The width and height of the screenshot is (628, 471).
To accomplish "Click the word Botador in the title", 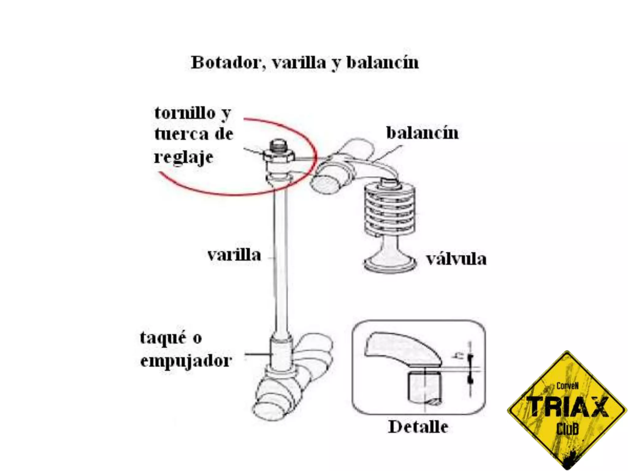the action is [226, 63].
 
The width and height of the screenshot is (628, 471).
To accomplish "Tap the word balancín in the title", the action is [382, 63].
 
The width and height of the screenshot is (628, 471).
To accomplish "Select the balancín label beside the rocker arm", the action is [422, 133].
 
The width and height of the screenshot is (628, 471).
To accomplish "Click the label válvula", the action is [456, 259].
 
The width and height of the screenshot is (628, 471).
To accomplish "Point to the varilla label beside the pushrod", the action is [234, 255].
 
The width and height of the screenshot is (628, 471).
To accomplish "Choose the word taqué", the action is [163, 338].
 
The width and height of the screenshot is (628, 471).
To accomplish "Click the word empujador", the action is [186, 361].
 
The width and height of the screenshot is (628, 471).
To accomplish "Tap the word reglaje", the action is [183, 157].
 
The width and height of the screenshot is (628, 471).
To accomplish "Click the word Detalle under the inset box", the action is [418, 427].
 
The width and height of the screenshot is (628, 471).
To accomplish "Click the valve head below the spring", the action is [390, 263].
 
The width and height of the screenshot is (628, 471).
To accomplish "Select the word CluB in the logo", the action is [567, 429].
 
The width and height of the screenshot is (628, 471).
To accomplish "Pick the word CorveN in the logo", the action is [567, 386].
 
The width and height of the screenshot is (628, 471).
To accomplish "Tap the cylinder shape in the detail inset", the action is [425, 387].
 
